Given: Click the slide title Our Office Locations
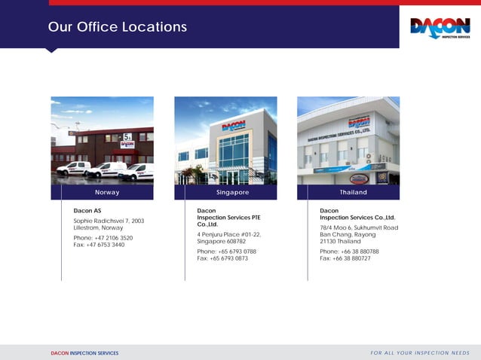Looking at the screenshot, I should click(117, 27).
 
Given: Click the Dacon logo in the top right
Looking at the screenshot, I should click(440, 28).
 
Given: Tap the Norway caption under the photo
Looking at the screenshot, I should click(106, 193).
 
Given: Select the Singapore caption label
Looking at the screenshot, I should click(232, 193).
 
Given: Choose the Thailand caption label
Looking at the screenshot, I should click(353, 193).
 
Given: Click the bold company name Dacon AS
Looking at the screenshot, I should click(87, 210).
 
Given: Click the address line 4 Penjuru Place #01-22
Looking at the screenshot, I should click(229, 234).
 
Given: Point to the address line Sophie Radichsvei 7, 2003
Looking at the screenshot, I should click(109, 221).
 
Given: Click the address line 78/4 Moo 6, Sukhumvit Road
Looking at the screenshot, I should click(359, 227).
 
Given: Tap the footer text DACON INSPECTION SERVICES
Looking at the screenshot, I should click(84, 352).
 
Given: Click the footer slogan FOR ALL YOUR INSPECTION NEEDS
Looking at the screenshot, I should click(420, 352).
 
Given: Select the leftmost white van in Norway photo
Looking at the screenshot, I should click(73, 168).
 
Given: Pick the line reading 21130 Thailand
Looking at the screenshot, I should click(340, 241).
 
